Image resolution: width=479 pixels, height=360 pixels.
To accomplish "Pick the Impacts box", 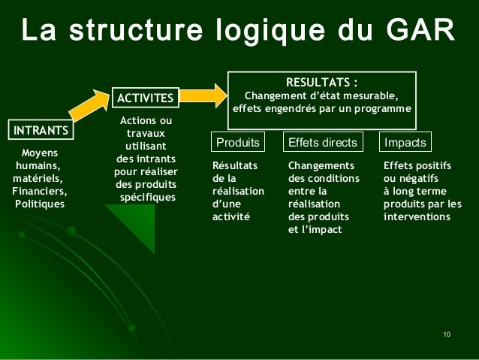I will tap(405, 142).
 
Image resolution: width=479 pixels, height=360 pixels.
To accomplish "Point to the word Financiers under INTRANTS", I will tap(40, 192).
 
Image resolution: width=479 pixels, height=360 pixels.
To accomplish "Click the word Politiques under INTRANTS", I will tap(40, 204).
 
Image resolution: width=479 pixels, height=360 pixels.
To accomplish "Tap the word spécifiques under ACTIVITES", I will tap(146, 197).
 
